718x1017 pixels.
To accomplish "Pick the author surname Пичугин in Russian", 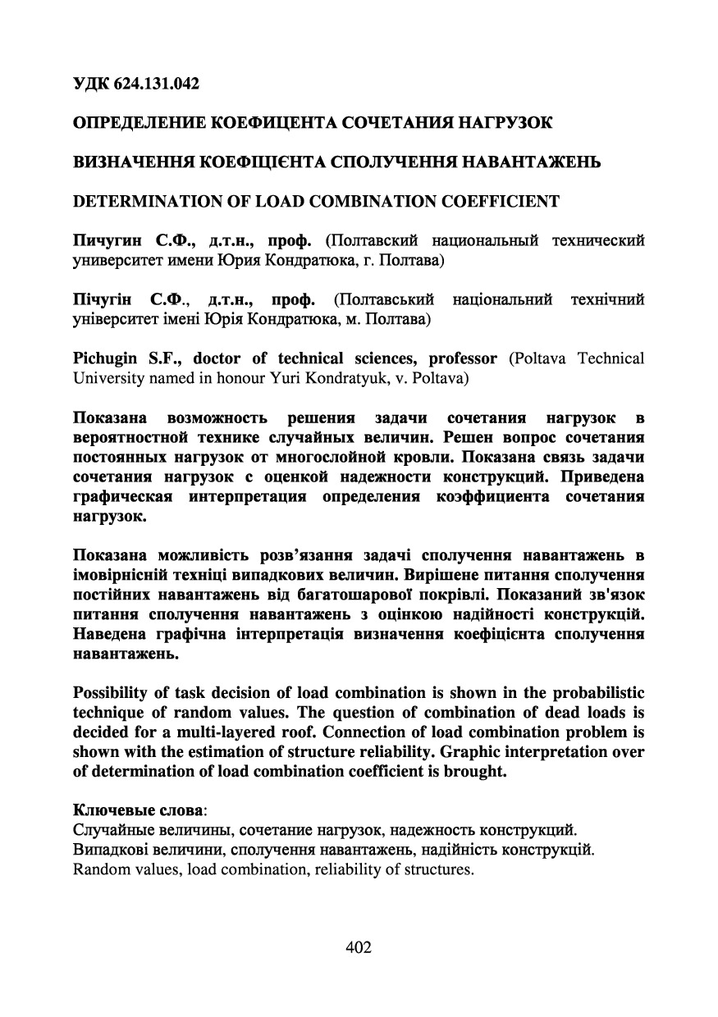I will pos(103,240).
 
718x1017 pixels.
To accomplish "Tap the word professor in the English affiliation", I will pos(457,358).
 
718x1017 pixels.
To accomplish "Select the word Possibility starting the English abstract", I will pos(109,693).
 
